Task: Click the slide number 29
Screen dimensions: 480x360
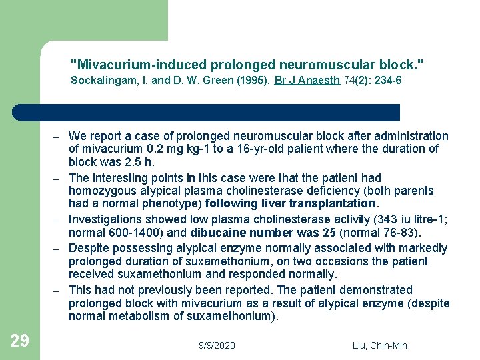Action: [x=20, y=341]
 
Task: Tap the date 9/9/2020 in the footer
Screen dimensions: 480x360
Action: [x=217, y=345]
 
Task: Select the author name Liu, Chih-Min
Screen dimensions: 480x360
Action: [x=379, y=345]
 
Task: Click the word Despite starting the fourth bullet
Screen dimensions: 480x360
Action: [x=88, y=248]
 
